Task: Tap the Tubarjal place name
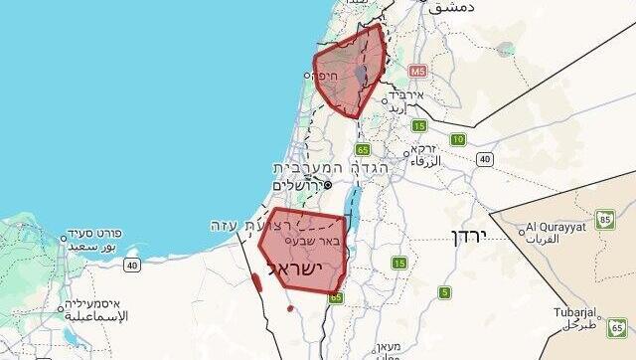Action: [x=573, y=312]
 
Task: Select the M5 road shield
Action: [x=416, y=73]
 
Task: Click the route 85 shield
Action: [x=605, y=219]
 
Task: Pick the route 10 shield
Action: [x=458, y=139]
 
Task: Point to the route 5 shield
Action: [x=444, y=292]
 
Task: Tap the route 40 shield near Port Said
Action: [x=132, y=265]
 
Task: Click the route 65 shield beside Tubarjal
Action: [x=617, y=325]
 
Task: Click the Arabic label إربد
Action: [x=397, y=106]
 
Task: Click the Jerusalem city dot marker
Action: [x=327, y=183]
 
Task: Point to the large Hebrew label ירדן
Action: [x=466, y=237]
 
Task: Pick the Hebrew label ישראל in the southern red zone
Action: [x=301, y=270]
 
